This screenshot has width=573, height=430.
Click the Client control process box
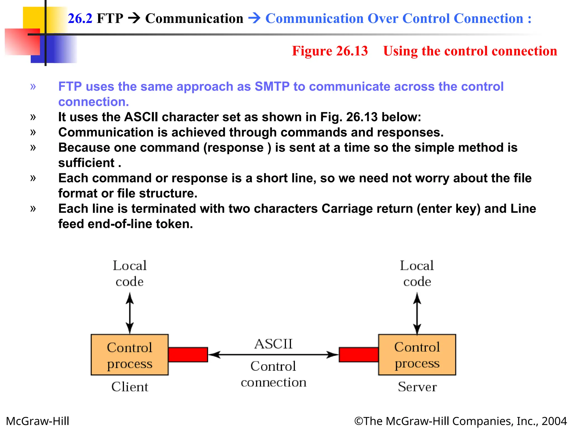(130, 354)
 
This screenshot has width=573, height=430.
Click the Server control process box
(417, 354)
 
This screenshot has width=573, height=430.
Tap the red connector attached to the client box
(188, 354)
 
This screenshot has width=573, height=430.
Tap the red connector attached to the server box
(359, 354)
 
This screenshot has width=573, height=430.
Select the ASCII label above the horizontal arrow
(273, 344)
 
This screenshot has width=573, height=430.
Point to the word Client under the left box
(130, 387)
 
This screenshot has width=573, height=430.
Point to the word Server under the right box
(417, 387)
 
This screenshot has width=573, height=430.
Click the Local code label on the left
(130, 274)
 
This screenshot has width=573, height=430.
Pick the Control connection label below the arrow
(273, 374)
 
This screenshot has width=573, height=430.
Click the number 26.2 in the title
(80, 18)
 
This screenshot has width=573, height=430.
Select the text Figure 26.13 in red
(330, 51)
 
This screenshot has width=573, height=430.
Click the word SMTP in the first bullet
(272, 87)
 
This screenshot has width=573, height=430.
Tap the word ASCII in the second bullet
(141, 117)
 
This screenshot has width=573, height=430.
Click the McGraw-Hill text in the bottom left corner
(37, 421)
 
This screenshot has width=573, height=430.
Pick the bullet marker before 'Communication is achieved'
(33, 132)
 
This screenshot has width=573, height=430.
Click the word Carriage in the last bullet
(339, 209)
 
